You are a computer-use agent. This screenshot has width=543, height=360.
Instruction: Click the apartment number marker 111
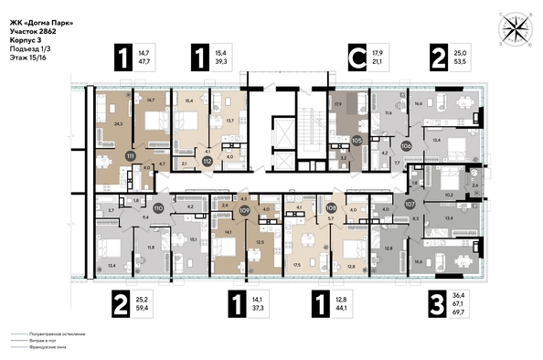[131, 157]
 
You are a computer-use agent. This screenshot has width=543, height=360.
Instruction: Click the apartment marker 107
[410, 205]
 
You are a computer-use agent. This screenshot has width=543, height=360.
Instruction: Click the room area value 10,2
[448, 194]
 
